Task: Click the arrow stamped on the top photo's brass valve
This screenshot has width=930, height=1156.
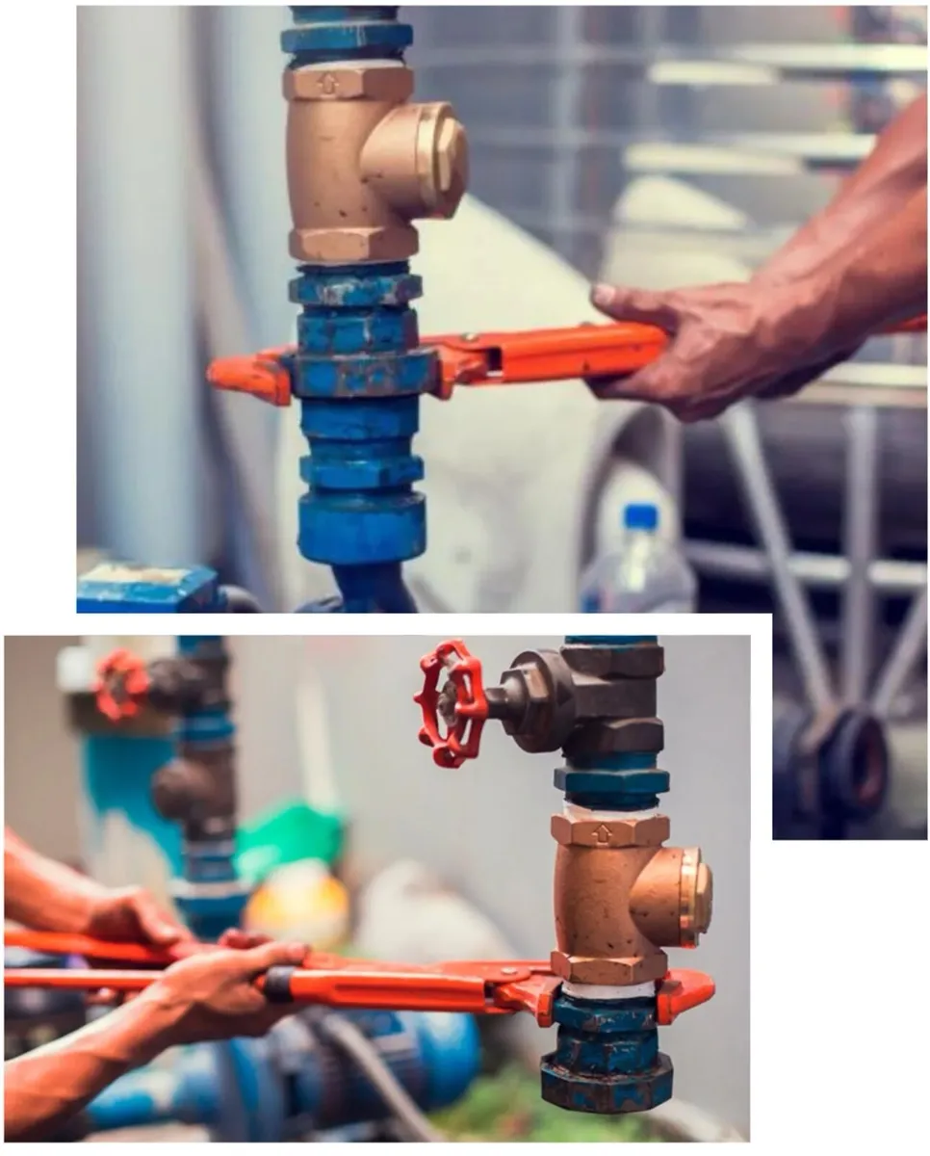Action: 328,84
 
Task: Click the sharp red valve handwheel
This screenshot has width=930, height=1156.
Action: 450,703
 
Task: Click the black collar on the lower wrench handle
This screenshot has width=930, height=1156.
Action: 279,984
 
